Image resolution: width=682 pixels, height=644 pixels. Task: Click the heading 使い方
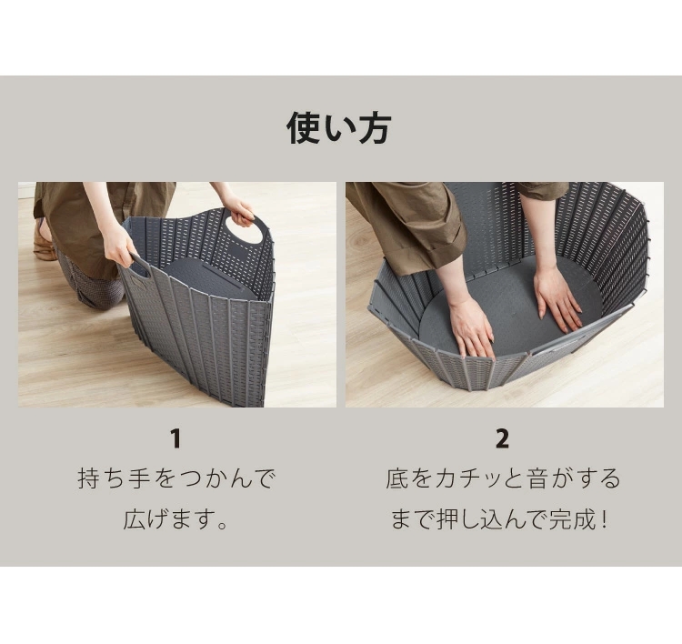[x=339, y=128]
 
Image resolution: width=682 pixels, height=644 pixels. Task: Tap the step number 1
[x=176, y=438]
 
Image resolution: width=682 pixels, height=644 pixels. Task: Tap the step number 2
[x=502, y=438]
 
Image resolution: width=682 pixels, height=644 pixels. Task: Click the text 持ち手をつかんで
[x=176, y=478]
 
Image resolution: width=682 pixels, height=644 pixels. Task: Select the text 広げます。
[x=176, y=519]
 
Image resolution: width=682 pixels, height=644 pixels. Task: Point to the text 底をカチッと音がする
[x=503, y=478]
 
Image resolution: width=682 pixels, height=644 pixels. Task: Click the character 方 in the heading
[x=374, y=128]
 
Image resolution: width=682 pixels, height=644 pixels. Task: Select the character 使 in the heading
[x=304, y=128]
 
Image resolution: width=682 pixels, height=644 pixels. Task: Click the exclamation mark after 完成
[x=602, y=519]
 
